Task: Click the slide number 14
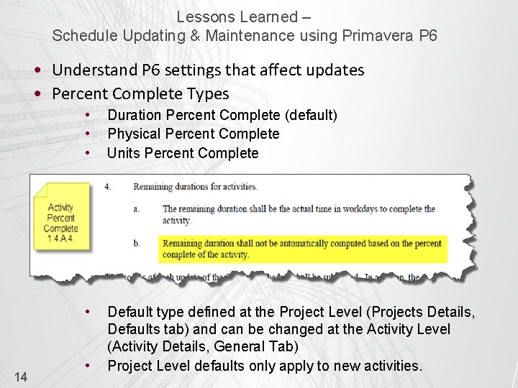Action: pyautogui.click(x=21, y=376)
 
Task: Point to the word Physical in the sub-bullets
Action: pyautogui.click(x=133, y=134)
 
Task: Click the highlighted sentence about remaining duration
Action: pyautogui.click(x=301, y=249)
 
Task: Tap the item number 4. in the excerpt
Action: pyautogui.click(x=107, y=187)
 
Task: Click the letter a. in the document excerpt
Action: pyautogui.click(x=137, y=209)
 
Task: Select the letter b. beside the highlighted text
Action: pyautogui.click(x=137, y=244)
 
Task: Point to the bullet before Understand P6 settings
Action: pyautogui.click(x=42, y=70)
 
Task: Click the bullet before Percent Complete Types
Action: pyautogui.click(x=42, y=94)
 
